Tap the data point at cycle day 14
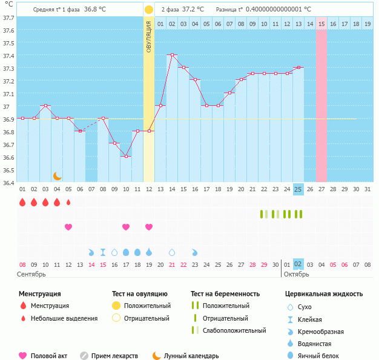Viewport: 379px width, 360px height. point(172,54)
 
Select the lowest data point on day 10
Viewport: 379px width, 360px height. point(126,156)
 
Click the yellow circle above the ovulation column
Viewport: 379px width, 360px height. point(149,10)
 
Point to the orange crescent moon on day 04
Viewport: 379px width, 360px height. point(58,175)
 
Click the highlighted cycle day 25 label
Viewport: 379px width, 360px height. point(298,189)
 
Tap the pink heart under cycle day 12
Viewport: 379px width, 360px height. point(149,227)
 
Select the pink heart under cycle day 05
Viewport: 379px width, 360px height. point(68,227)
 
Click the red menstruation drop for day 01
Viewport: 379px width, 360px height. point(22,202)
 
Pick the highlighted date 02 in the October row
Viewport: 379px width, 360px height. point(298,264)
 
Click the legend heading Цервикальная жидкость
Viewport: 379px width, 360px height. point(324,294)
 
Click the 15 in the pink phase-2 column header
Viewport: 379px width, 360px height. point(321,24)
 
